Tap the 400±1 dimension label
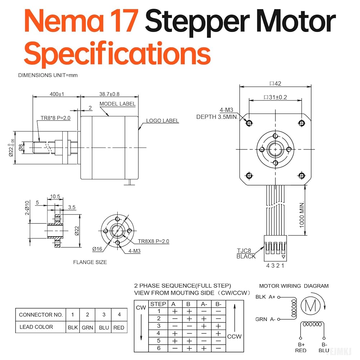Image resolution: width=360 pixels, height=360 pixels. click(x=57, y=94)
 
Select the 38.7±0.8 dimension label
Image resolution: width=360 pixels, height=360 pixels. click(x=109, y=94)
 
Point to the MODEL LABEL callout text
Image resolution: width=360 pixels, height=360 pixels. click(x=118, y=104)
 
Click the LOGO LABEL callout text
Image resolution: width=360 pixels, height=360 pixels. click(x=162, y=121)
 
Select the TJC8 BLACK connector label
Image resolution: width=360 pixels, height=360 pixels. click(x=246, y=253)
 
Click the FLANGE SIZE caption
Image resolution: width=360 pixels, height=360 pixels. click(x=90, y=262)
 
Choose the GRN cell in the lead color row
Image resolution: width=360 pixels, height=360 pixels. click(x=87, y=328)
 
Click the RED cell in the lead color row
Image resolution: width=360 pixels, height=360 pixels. click(x=118, y=328)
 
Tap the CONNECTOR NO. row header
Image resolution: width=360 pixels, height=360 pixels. click(x=41, y=315)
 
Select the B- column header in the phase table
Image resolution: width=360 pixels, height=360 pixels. click(x=218, y=304)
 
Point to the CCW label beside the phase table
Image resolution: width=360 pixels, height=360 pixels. click(x=234, y=337)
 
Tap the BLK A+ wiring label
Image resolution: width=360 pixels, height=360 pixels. click(x=265, y=297)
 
